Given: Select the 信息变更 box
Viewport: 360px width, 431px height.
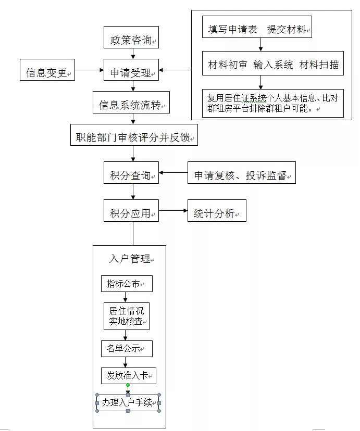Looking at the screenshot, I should pyautogui.click(x=47, y=73).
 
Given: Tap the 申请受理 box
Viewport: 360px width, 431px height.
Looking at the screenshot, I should pyautogui.click(x=131, y=73).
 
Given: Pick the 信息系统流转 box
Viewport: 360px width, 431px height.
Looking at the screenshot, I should pyautogui.click(x=131, y=105).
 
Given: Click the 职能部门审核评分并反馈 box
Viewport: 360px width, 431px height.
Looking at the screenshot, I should pyautogui.click(x=134, y=137).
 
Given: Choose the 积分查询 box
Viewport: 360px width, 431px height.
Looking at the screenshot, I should pyautogui.click(x=131, y=175).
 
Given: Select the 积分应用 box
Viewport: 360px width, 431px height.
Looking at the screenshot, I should pyautogui.click(x=131, y=212).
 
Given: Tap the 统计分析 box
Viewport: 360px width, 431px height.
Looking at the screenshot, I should pyautogui.click(x=216, y=212).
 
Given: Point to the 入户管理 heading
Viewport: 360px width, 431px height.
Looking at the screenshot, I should pyautogui.click(x=130, y=259).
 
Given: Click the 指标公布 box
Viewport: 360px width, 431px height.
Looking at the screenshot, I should pyautogui.click(x=126, y=284).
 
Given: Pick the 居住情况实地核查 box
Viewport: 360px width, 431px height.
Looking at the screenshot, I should pyautogui.click(x=126, y=315).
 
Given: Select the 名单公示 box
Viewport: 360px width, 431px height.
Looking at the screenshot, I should pyautogui.click(x=126, y=348).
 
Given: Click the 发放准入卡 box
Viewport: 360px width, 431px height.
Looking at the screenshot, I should pyautogui.click(x=128, y=375).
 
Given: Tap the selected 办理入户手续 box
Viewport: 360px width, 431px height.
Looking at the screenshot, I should pyautogui.click(x=128, y=402).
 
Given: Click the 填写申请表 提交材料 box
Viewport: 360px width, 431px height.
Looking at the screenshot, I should pyautogui.click(x=257, y=30).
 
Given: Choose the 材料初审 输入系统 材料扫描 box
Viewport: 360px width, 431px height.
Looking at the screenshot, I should pyautogui.click(x=273, y=65).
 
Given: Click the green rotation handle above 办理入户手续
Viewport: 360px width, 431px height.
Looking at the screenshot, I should pyautogui.click(x=128, y=385).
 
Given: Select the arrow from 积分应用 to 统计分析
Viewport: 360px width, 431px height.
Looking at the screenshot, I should pyautogui.click(x=172, y=211).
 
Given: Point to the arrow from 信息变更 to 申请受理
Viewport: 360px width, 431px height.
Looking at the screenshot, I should pyautogui.click(x=90, y=70).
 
